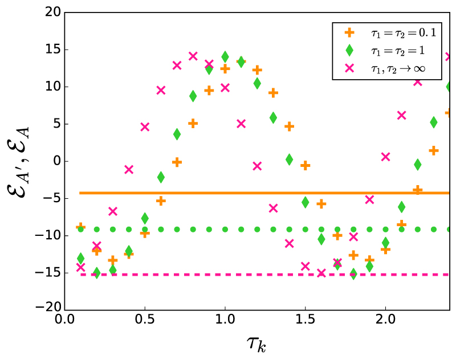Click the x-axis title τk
pyautogui.click(x=257, y=344)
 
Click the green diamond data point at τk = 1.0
pyautogui.click(x=225, y=56)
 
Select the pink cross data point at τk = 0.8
pyautogui.click(x=193, y=56)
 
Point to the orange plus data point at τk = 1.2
pyautogui.click(x=257, y=69)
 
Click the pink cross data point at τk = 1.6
pyautogui.click(x=321, y=272)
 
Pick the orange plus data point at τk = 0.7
pyautogui.click(x=177, y=162)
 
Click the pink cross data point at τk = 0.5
pyautogui.click(x=145, y=126)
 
